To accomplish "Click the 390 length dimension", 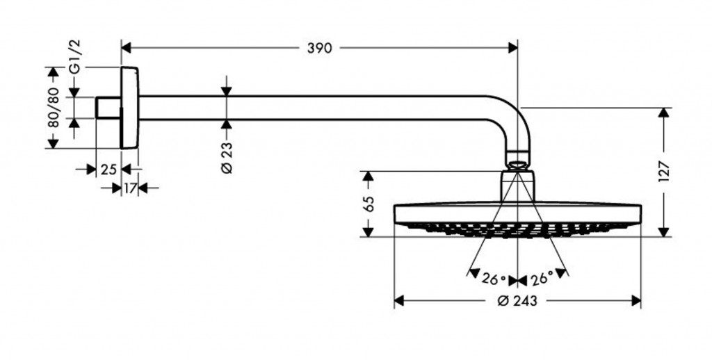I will coord(319,48).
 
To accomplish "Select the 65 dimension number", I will coord(369,204).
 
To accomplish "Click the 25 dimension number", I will coord(108,169).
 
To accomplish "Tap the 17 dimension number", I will coord(129,188).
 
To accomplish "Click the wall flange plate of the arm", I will coord(130,108).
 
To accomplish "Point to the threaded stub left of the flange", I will coord(108,108).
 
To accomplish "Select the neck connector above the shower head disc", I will coord(517,186).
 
